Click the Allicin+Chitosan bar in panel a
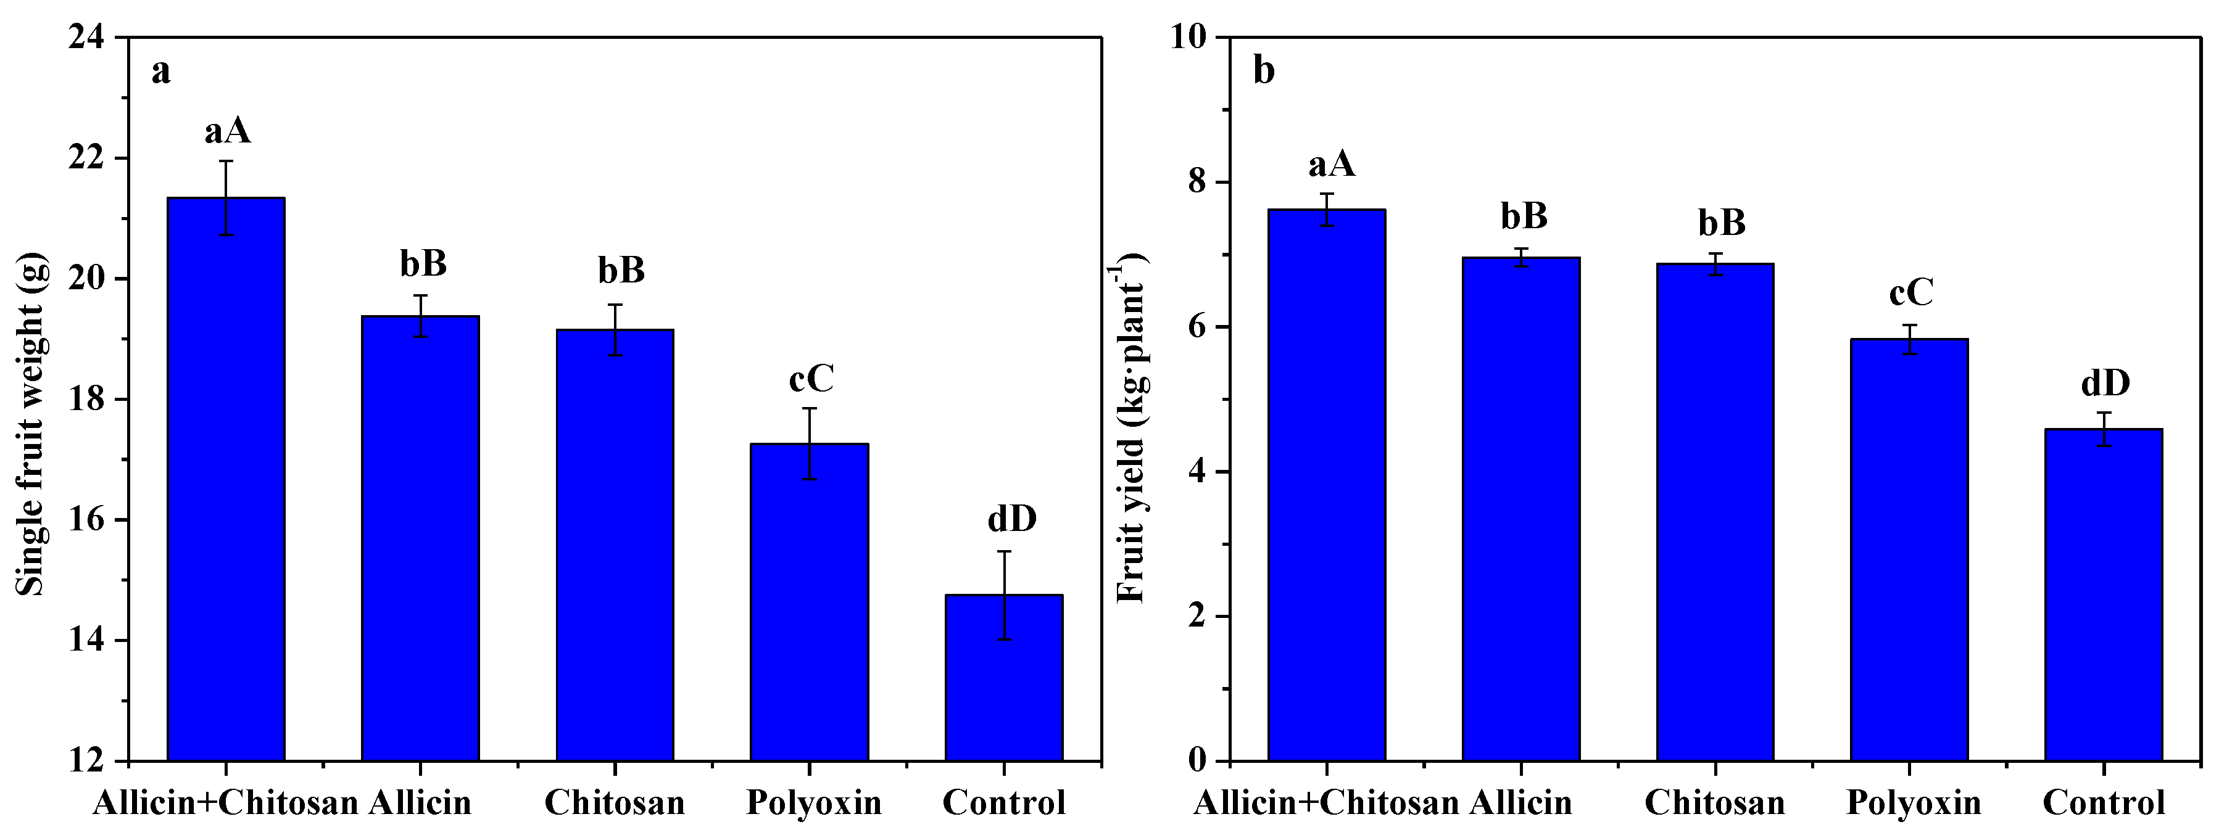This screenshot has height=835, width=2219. (x=226, y=478)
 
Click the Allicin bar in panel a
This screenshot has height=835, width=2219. (x=420, y=538)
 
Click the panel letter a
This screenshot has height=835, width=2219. (x=161, y=72)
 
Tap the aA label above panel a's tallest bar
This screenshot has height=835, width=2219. (x=228, y=132)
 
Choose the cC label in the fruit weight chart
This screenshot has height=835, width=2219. (x=811, y=379)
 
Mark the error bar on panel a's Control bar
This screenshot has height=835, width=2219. (x=1003, y=595)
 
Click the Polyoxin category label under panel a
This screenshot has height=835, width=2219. (x=813, y=803)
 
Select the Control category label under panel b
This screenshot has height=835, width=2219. (x=2104, y=803)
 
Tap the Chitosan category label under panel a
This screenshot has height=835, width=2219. (x=614, y=803)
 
